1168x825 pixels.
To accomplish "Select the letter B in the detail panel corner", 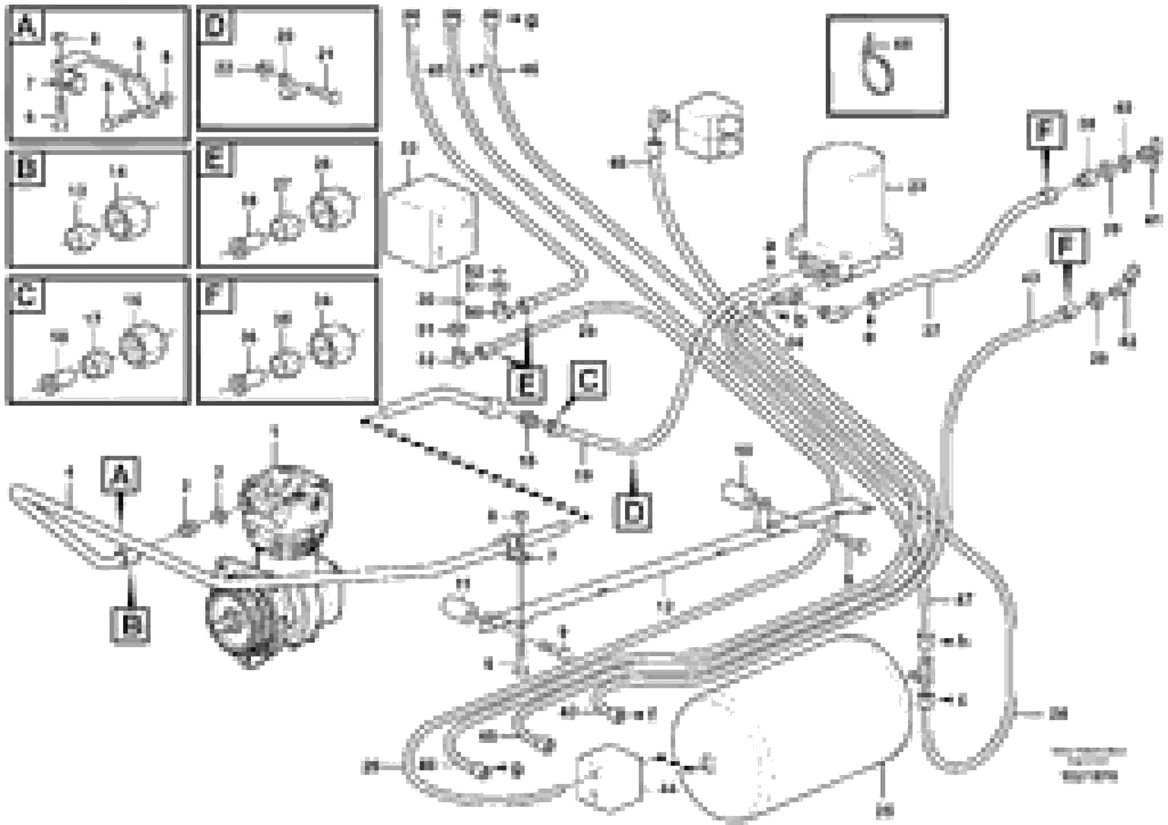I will coord(26,168).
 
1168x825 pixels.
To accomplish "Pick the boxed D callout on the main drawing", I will coord(633,512).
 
